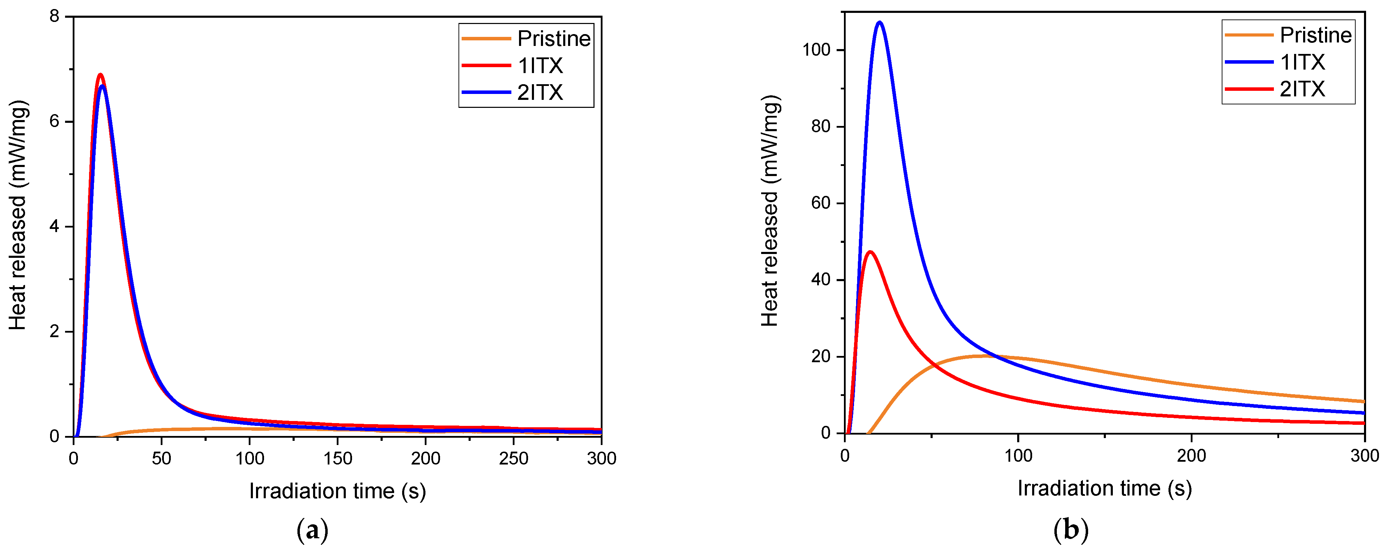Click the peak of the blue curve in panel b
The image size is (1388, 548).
coord(880,22)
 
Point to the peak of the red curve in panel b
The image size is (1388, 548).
coord(870,252)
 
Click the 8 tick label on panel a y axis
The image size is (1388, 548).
coord(54,17)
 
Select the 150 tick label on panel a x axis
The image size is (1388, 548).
coord(337,459)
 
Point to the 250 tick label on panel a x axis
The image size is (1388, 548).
coord(513,459)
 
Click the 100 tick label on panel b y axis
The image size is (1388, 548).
coord(816,50)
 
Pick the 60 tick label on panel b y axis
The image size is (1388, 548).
coord(820,203)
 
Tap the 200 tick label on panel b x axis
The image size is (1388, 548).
coord(1191,456)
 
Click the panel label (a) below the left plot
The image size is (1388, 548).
coord(312,531)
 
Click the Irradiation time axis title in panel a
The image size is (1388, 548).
coord(337,491)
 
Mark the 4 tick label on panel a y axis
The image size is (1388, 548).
coord(54,226)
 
